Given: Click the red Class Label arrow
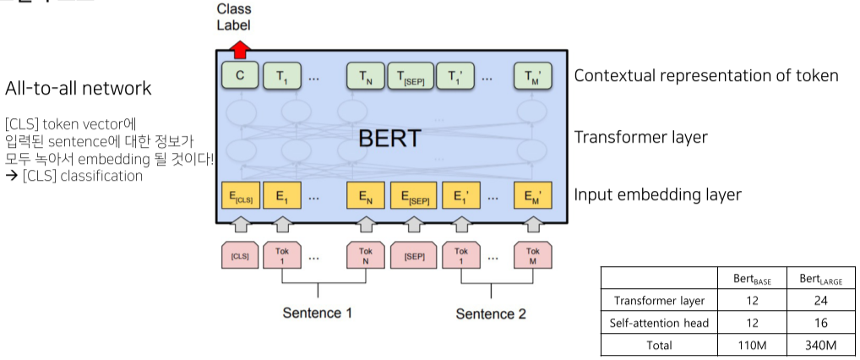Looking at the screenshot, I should (240, 48).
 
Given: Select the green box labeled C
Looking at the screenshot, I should (240, 76).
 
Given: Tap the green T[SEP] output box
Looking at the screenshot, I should (411, 77).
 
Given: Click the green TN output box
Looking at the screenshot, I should (366, 77).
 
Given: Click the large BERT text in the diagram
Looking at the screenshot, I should (389, 138).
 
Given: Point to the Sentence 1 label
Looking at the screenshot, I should (317, 314).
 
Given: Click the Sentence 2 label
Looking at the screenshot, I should (491, 314).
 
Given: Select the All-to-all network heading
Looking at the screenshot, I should (79, 88).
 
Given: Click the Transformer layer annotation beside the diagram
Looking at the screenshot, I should (640, 137).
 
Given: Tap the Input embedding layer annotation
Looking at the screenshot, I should (657, 194).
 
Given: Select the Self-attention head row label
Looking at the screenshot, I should (659, 323).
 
